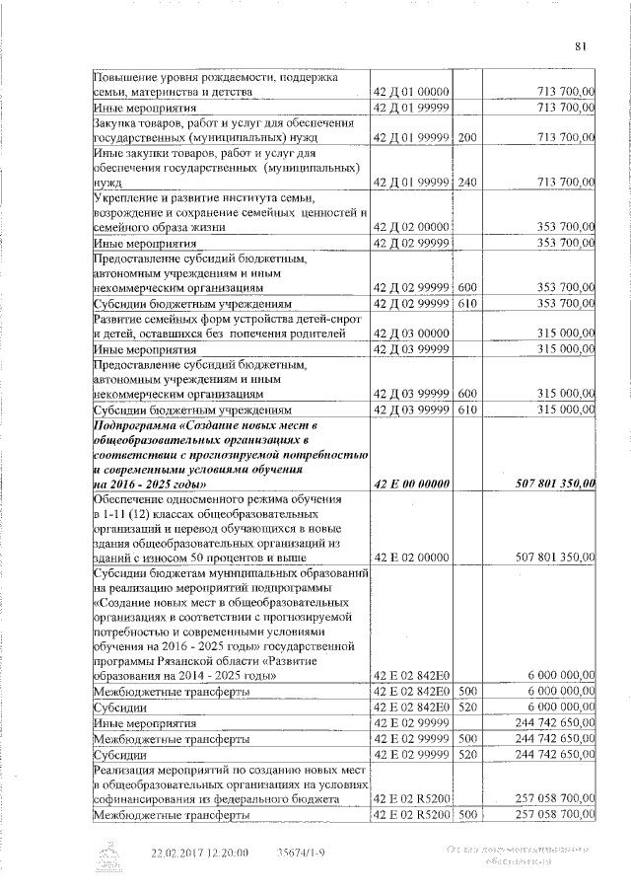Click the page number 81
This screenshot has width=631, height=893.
point(581,43)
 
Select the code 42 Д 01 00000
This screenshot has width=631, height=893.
point(411,92)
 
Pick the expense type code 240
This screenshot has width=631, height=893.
point(467,183)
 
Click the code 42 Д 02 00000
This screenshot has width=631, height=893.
point(411,227)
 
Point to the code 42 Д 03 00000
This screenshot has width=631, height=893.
point(411,335)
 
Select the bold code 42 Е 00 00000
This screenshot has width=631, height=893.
point(411,484)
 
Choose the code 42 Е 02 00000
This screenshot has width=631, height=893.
point(411,558)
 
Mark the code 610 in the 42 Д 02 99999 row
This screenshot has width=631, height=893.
point(467,303)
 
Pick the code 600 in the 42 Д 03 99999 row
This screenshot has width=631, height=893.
point(467,394)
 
